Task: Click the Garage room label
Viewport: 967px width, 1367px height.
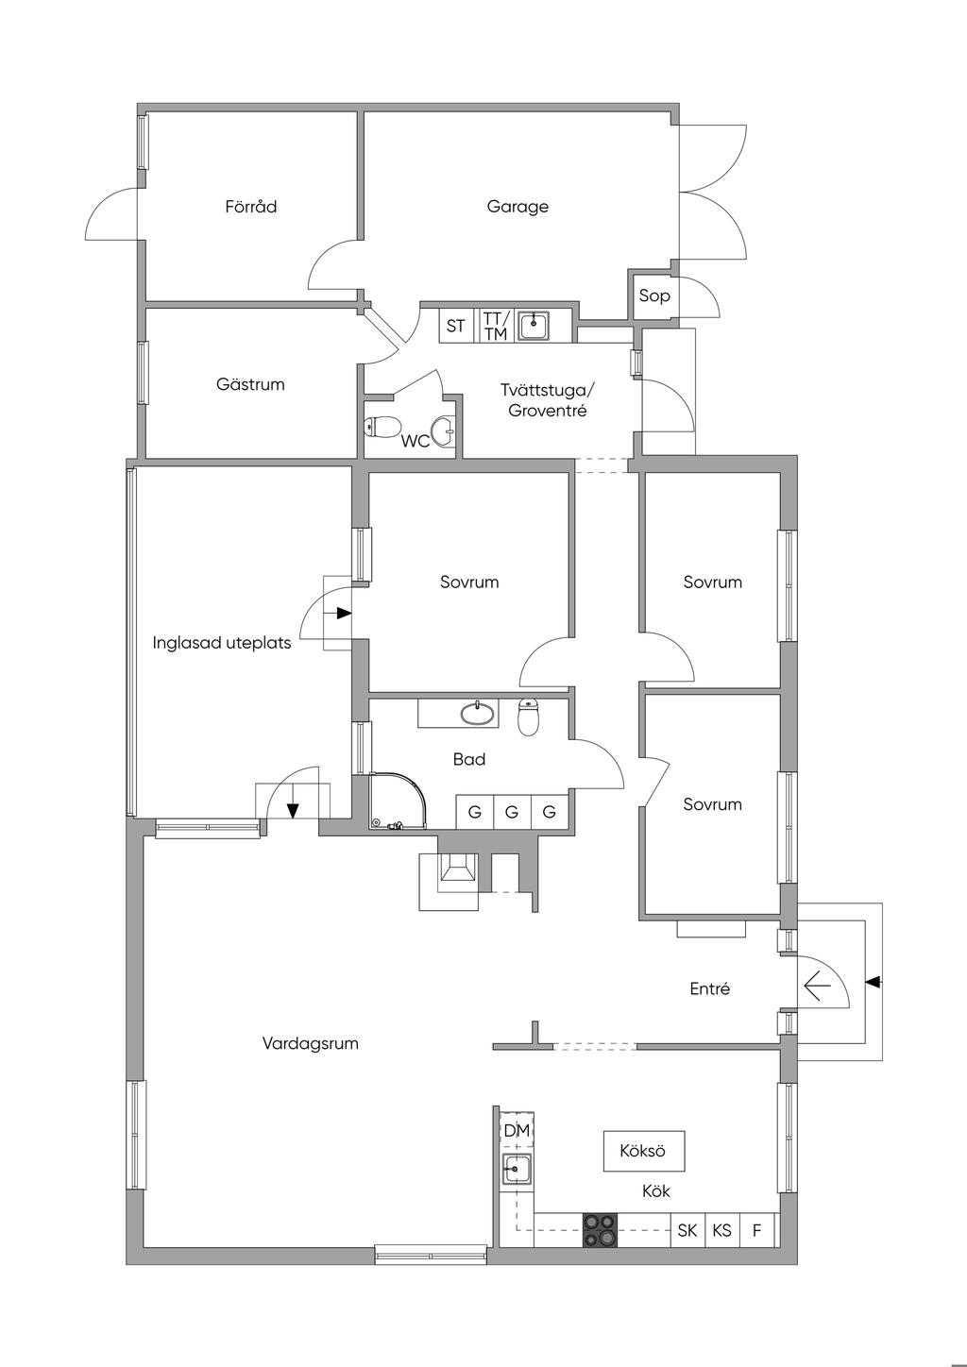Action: [517, 207]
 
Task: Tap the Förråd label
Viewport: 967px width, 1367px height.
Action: [251, 207]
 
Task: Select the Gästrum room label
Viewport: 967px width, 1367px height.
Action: [250, 385]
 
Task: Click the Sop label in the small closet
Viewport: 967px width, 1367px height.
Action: [654, 296]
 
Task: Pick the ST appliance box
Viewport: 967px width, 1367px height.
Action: [456, 327]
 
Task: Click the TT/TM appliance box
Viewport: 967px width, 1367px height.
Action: [496, 327]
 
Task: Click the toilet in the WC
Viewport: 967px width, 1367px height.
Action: [382, 428]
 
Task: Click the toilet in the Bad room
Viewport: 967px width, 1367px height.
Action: [529, 717]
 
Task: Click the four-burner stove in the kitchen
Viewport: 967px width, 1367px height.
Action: [600, 1230]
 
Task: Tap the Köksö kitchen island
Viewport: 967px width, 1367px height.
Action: [643, 1152]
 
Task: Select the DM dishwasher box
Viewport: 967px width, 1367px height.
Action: [517, 1131]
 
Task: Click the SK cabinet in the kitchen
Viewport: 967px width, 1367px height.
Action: [687, 1230]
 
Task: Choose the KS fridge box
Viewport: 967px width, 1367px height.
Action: [722, 1230]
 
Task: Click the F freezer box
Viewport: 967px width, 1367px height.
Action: [756, 1230]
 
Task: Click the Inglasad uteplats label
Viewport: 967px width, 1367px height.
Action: [222, 643]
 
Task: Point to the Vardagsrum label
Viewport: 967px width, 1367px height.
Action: [311, 1044]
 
